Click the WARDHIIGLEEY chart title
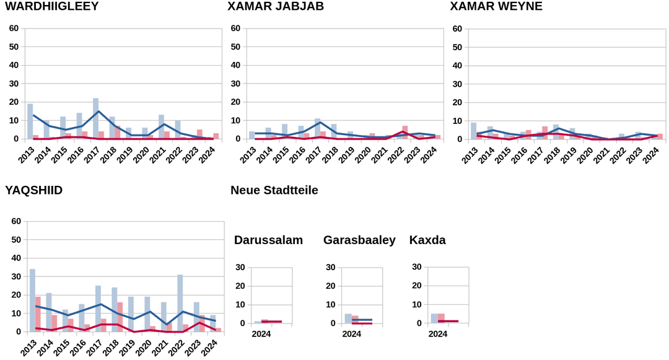tap(51, 6)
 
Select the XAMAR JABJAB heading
tap(276, 6)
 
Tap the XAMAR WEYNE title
tap(496, 6)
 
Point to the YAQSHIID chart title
tap(33, 190)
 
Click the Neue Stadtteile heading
tap(274, 190)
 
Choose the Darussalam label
tap(268, 240)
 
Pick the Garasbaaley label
tap(359, 240)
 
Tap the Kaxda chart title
tap(427, 240)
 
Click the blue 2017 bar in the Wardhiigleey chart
tap(95, 118)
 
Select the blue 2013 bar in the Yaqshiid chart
tap(32, 301)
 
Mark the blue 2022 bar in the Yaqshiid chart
tap(180, 303)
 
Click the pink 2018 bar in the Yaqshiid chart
tap(120, 317)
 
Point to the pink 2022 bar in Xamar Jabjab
tap(405, 132)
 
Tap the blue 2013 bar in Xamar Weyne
tap(474, 131)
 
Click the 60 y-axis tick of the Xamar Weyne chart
tap(457, 29)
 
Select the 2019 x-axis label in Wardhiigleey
tap(125, 154)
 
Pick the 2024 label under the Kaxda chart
tap(438, 334)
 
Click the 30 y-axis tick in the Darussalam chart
tap(240, 268)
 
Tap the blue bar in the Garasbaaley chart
tap(348, 318)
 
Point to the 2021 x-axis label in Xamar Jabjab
tap(380, 154)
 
